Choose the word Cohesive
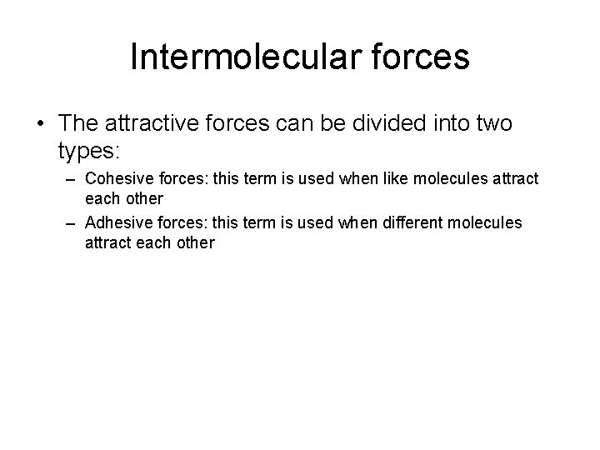(117, 178)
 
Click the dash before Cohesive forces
(69, 178)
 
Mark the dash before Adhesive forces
(69, 223)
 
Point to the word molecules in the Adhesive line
(485, 223)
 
